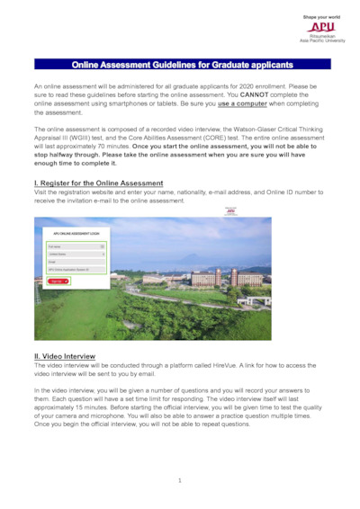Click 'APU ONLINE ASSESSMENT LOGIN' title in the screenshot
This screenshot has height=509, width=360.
pyautogui.click(x=76, y=233)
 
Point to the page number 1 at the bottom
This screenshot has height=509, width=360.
pyautogui.click(x=180, y=480)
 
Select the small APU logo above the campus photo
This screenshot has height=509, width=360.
pyautogui.click(x=230, y=211)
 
